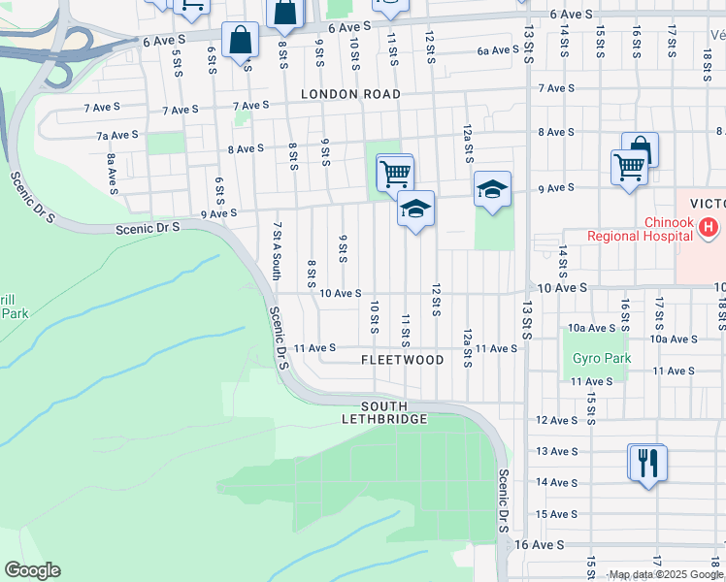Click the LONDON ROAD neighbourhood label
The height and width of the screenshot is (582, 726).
[x=350, y=94]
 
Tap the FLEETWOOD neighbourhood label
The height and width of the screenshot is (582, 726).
[x=402, y=360]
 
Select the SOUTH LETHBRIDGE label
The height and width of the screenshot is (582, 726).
[x=383, y=412]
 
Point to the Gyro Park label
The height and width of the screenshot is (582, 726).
[x=602, y=358]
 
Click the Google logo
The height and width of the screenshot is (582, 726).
[x=32, y=570]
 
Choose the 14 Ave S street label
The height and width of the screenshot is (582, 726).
[x=557, y=482]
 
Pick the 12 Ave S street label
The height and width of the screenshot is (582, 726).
[x=557, y=420]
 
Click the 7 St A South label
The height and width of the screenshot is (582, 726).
[x=277, y=250]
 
